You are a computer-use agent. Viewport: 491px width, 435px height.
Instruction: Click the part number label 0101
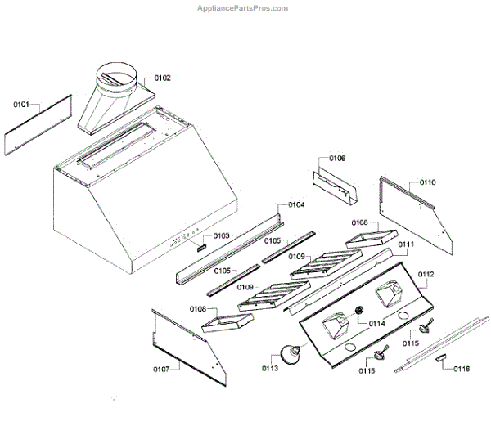point(21,105)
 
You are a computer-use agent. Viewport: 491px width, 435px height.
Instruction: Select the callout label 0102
point(162,78)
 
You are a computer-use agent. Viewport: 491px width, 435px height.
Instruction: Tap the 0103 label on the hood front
point(222,235)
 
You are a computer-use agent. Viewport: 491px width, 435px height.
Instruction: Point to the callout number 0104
point(296,204)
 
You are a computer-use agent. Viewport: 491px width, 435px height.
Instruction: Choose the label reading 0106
point(337,158)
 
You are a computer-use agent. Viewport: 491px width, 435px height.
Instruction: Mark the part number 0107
point(160,370)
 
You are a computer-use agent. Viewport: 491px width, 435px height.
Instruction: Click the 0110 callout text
point(428,182)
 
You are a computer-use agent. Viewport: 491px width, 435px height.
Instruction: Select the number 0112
point(426,274)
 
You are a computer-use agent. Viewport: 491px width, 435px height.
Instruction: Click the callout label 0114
point(376,324)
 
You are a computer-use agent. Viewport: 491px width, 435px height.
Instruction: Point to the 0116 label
point(462,369)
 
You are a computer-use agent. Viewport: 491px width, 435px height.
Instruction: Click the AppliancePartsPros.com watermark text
point(243,8)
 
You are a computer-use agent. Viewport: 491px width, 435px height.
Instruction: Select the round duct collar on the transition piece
point(115,76)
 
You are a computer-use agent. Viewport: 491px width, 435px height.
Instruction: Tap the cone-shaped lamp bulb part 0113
point(289,354)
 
